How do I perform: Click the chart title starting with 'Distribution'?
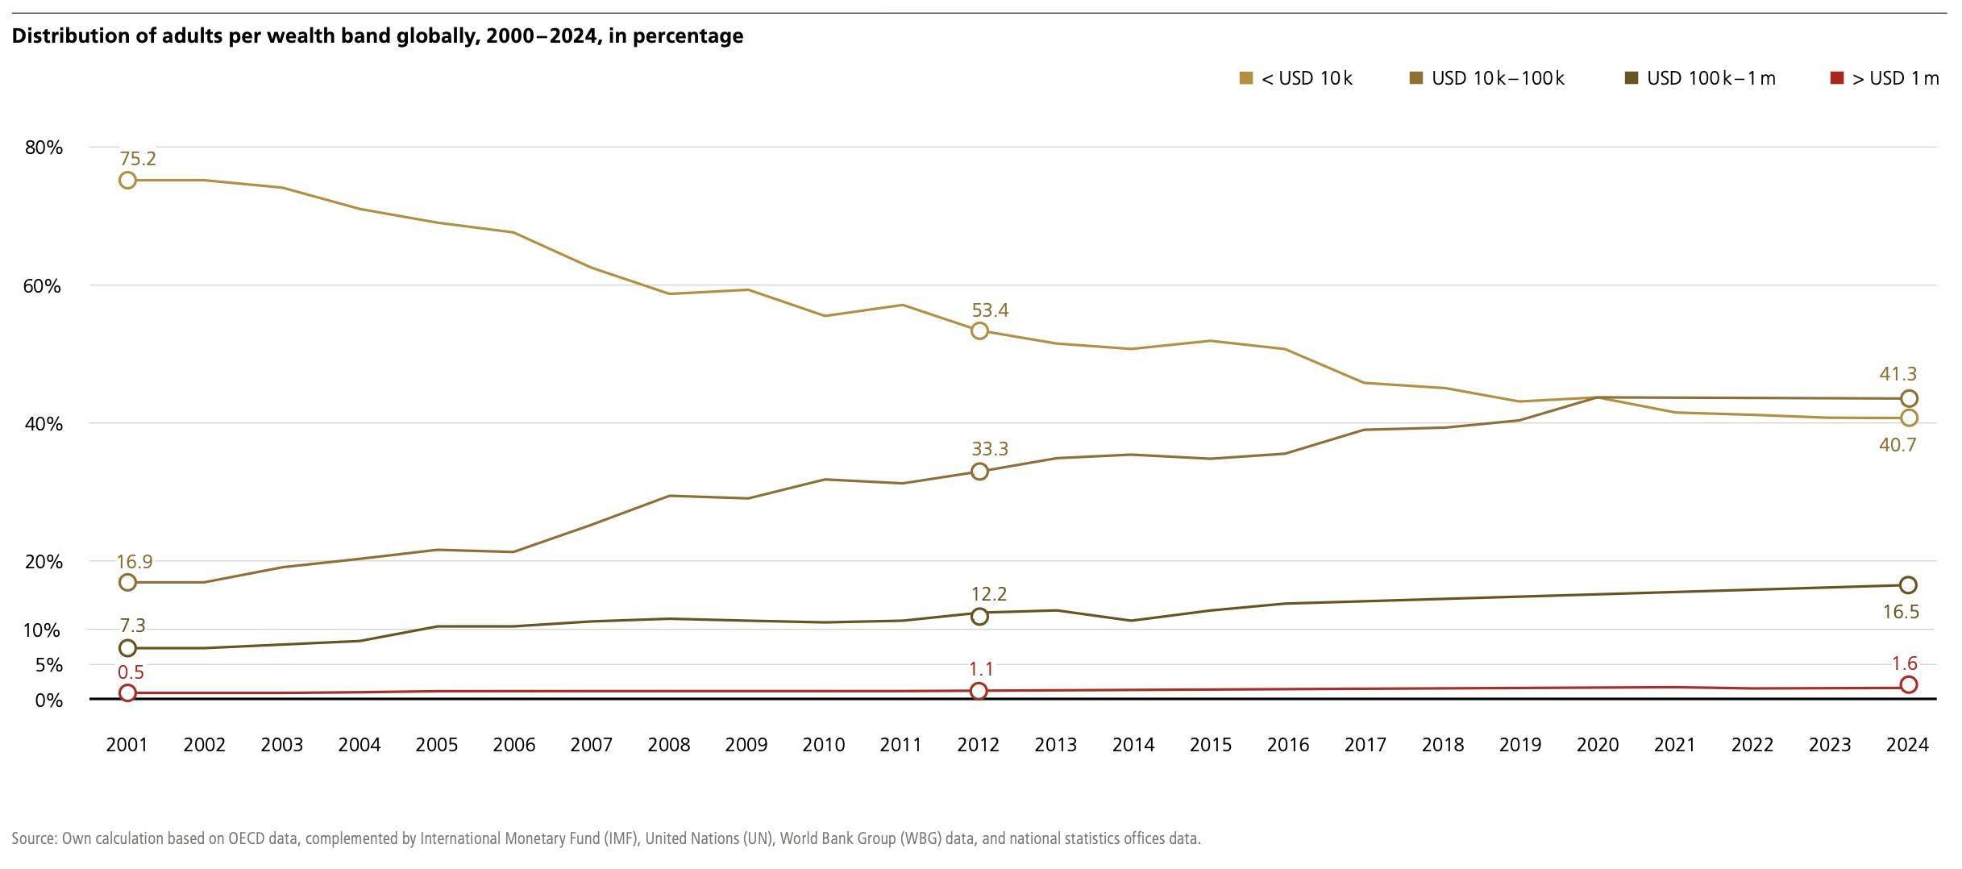tap(377, 36)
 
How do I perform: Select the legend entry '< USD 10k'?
tap(1296, 78)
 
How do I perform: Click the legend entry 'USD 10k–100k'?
tap(1487, 78)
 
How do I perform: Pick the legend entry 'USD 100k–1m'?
tap(1700, 78)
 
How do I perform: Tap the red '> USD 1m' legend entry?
tap(1885, 78)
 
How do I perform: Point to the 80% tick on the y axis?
tap(44, 148)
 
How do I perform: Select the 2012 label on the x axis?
tap(978, 745)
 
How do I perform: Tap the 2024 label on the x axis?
tap(1907, 745)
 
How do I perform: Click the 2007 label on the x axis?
tap(591, 745)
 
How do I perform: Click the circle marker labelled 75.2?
tap(127, 180)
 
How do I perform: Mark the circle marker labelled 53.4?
tap(979, 331)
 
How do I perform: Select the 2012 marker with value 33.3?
tap(979, 472)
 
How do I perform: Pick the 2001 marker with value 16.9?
tap(127, 582)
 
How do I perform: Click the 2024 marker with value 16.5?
tap(1908, 584)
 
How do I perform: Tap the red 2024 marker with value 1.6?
tap(1908, 684)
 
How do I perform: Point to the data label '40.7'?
tap(1897, 445)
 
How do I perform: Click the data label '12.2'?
tap(989, 594)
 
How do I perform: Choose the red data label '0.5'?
tap(131, 672)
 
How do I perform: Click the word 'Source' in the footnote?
tap(34, 838)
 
